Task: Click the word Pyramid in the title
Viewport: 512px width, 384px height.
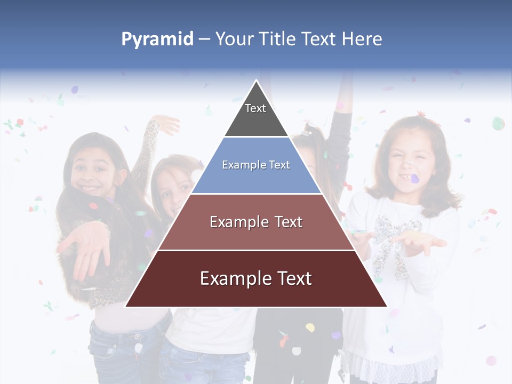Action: coord(157,39)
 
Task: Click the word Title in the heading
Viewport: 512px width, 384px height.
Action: coord(277,39)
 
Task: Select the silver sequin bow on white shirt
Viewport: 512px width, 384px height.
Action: coord(392,240)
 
